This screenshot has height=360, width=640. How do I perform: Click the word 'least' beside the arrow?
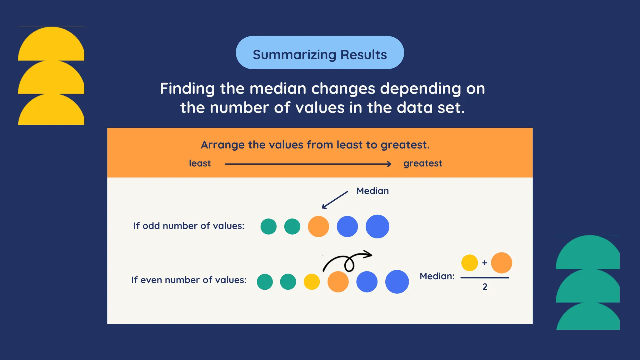tap(200, 163)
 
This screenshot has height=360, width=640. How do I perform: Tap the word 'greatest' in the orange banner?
tap(422, 163)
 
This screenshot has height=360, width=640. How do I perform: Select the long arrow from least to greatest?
tap(308, 164)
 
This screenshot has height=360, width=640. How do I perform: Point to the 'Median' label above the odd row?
tap(372, 191)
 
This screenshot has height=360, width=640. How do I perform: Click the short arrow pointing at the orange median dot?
tap(335, 200)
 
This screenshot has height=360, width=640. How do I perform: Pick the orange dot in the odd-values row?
tap(318, 227)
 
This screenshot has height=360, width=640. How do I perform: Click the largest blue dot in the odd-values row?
tap(377, 227)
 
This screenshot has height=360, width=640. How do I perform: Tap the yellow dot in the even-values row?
tap(312, 282)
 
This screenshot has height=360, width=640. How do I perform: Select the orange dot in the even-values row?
tap(338, 282)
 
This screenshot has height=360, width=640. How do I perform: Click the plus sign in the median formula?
tap(485, 263)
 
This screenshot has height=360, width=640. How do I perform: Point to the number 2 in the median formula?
tap(485, 287)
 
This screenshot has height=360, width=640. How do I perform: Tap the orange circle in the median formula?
tap(502, 263)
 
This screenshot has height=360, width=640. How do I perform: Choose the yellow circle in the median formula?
tap(469, 263)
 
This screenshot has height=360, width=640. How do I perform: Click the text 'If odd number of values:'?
tap(189, 226)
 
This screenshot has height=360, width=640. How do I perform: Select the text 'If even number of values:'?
tap(189, 280)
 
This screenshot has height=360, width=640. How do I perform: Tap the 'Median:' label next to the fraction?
tap(437, 276)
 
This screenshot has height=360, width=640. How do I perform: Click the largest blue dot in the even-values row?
tap(397, 282)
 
